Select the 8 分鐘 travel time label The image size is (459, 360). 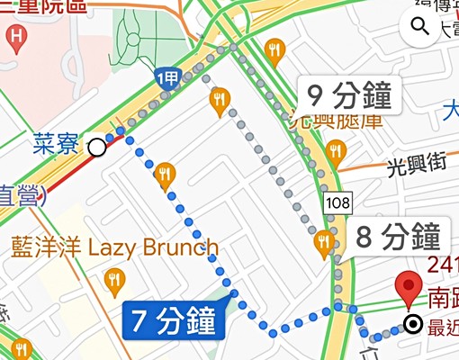pos(397,238)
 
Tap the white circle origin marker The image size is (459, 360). pos(96,146)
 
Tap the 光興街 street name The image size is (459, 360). pos(416,165)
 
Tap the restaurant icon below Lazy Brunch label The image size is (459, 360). pos(113,282)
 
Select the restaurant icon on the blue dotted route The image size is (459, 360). pos(164,175)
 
